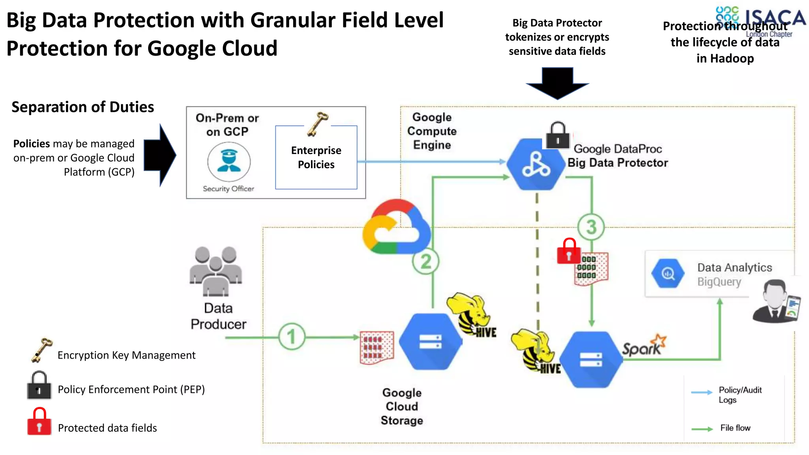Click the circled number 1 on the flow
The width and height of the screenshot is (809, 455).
(x=292, y=337)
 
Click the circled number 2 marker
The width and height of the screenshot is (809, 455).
(x=425, y=261)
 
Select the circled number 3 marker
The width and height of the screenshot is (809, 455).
(x=591, y=227)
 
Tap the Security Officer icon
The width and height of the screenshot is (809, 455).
(x=229, y=162)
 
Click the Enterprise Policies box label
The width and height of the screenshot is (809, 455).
(x=316, y=157)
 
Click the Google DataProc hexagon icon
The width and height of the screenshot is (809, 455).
(x=536, y=164)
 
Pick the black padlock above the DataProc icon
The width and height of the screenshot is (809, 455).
(x=557, y=135)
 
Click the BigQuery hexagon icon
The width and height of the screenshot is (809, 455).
(x=668, y=273)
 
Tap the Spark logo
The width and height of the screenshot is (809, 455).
(x=643, y=346)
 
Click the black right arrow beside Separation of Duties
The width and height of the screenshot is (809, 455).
(x=160, y=155)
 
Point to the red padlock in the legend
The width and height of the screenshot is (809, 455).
(x=39, y=422)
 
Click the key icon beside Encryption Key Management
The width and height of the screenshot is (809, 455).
(x=41, y=350)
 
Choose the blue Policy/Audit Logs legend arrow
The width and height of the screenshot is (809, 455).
(x=702, y=393)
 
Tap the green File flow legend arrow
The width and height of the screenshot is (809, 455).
(x=702, y=429)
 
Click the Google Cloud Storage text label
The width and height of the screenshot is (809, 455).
(x=402, y=406)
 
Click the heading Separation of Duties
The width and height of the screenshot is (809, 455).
(x=83, y=107)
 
